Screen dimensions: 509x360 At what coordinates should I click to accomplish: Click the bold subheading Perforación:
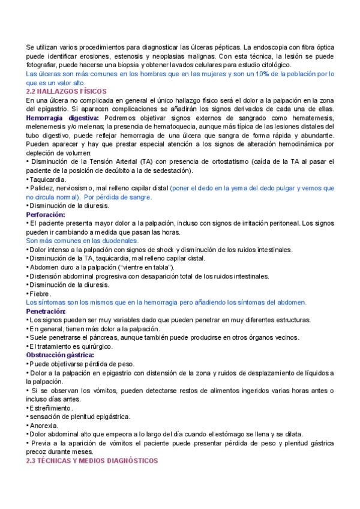point(46,214)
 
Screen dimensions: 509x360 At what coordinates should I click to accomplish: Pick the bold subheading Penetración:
point(46,311)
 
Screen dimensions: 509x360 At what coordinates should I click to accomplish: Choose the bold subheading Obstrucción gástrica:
point(59,355)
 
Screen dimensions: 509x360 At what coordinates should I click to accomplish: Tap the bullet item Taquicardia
point(47,179)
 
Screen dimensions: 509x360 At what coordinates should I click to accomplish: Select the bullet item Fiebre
point(41,294)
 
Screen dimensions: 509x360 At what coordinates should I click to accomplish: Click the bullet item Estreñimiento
point(50,408)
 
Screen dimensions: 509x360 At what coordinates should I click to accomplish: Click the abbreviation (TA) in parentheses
point(162,161)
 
